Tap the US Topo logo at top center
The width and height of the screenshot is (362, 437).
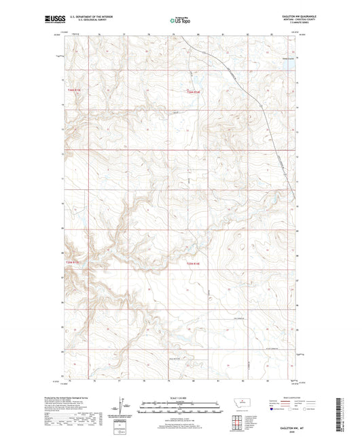tap(179, 20)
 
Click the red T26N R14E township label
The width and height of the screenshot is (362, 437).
tap(195, 92)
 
